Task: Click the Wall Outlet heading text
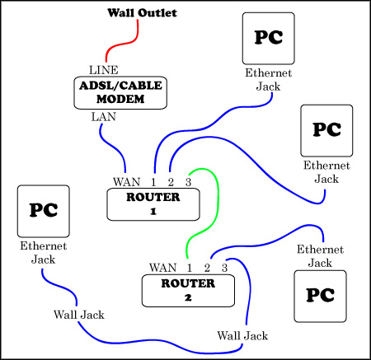[139, 14]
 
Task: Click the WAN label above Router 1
[128, 181]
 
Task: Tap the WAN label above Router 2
[163, 268]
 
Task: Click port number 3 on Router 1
[188, 181]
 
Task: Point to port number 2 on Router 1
[171, 181]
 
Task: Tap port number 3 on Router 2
[223, 268]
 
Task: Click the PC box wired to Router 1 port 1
[269, 38]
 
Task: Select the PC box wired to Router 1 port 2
[328, 130]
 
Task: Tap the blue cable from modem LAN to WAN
[115, 148]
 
